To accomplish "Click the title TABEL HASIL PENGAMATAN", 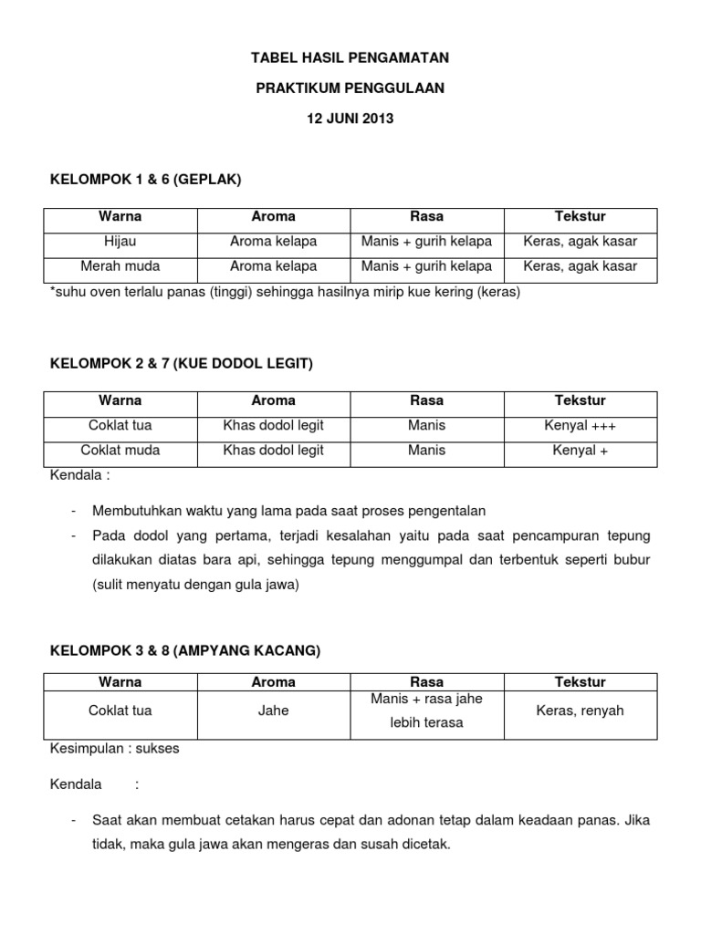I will (350, 58).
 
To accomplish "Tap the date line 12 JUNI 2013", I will (350, 119).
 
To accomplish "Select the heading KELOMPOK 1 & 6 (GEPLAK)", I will (145, 180).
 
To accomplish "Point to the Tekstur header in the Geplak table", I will (580, 217).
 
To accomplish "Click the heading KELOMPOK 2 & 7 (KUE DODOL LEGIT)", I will (181, 364).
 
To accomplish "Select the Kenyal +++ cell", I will (580, 426).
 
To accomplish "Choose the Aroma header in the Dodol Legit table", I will (274, 401).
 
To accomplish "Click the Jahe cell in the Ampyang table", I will (274, 711).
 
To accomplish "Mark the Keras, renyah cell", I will (580, 711).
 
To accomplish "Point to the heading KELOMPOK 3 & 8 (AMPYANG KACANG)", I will (185, 650).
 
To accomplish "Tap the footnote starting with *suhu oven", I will (284, 292).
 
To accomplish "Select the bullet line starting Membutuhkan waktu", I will (289, 511).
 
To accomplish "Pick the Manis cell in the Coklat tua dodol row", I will (427, 426).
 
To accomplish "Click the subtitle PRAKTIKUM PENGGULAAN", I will (350, 88).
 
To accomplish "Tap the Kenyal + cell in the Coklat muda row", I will (580, 451).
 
